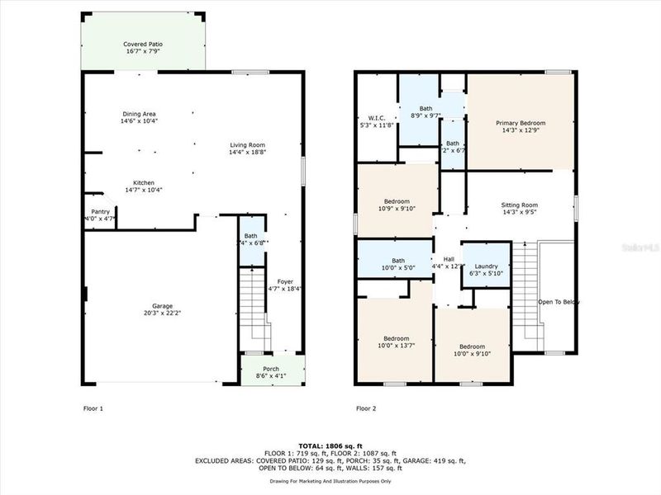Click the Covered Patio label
[142, 44]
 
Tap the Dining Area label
[139, 114]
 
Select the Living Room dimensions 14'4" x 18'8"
[248, 153]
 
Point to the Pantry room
[100, 215]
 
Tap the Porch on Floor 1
[271, 369]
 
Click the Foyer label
[285, 281]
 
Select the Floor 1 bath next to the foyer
[251, 239]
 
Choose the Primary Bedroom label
[521, 124]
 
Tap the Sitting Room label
[520, 205]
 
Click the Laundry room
[486, 266]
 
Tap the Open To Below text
[559, 302]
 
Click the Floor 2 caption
[366, 408]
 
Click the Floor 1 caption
[93, 408]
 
